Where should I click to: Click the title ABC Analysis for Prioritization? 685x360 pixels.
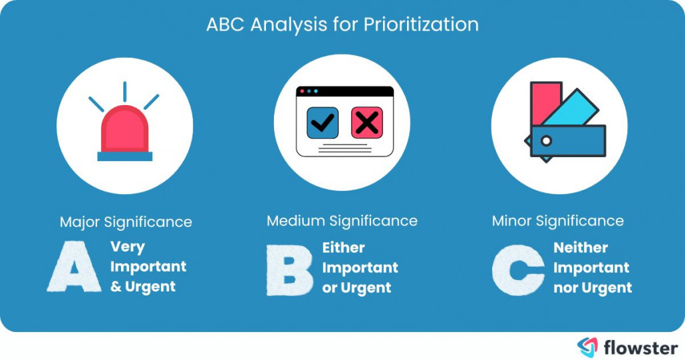(x=342, y=25)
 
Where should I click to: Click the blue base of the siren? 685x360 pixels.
(x=124, y=156)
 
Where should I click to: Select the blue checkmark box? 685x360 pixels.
(x=323, y=122)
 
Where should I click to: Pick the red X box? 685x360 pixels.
(x=366, y=122)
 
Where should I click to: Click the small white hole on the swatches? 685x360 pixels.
(x=546, y=141)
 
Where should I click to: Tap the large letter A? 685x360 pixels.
(x=74, y=268)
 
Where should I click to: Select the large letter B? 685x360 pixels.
(x=290, y=270)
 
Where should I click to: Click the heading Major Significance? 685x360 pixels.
(x=126, y=222)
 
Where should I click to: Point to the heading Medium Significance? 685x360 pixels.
(x=342, y=220)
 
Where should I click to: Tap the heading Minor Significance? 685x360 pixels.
(x=558, y=220)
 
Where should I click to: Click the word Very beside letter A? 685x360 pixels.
(x=128, y=247)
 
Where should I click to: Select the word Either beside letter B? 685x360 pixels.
(x=344, y=248)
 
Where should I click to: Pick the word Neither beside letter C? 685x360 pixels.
(x=581, y=248)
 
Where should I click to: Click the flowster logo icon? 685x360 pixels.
(x=588, y=347)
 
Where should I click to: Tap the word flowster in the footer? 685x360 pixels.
(x=641, y=347)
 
